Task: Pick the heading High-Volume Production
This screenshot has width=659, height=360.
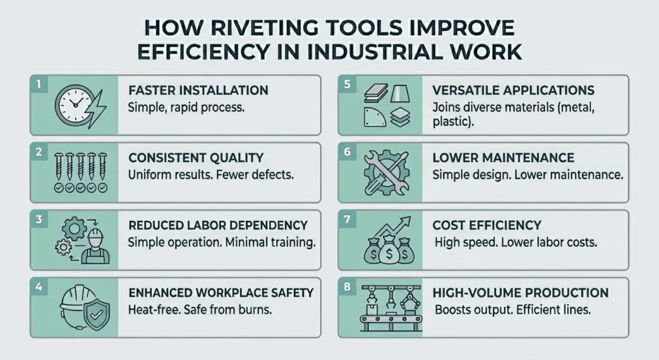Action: [521, 293]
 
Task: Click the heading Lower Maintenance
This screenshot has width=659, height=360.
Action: [503, 157]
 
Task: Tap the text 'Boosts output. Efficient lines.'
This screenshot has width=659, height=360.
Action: [513, 310]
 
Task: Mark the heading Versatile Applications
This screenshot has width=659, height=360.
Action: [514, 90]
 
